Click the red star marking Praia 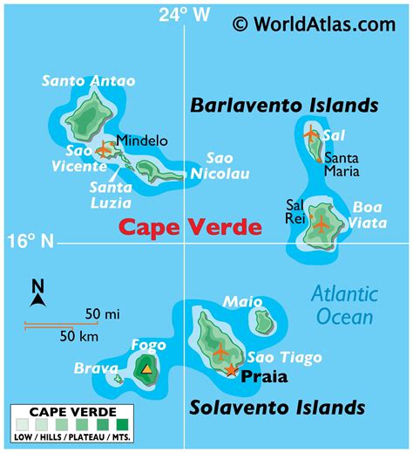point(231,370)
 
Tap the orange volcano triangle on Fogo point(146,369)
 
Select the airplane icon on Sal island point(310,134)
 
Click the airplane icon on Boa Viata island point(322,223)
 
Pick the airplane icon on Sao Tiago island point(220,352)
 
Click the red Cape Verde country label point(190,228)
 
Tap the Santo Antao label point(89,81)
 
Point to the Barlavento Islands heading point(284,106)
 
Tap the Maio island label point(242,302)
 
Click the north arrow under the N point(37,299)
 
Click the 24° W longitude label point(184,13)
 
